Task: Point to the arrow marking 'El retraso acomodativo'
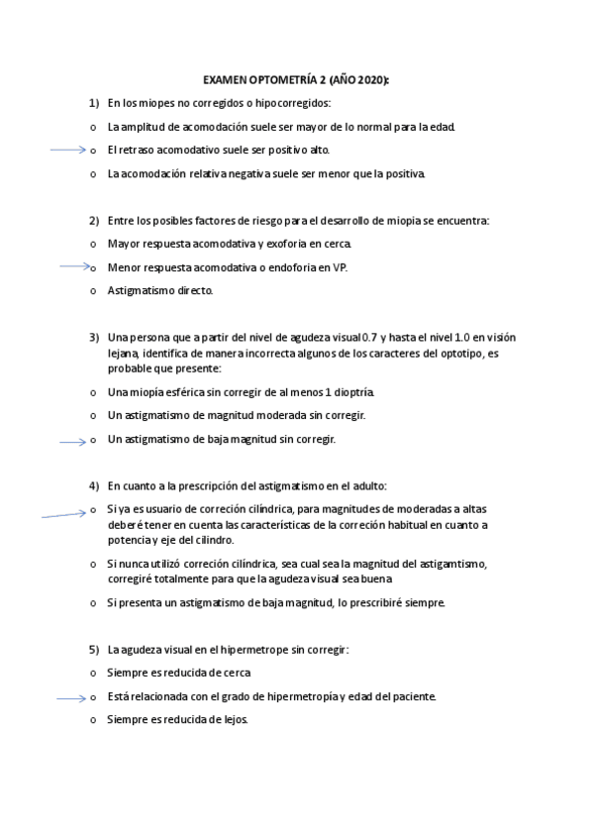pos(67,151)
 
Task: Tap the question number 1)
pos(94,103)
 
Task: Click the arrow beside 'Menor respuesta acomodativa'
pos(73,266)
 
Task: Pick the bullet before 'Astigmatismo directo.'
pos(93,291)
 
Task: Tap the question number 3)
pos(94,337)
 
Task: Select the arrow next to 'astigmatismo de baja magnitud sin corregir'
pos(72,441)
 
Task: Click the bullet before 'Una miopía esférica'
pos(93,392)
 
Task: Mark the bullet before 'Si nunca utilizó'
pos(93,564)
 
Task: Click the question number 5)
pos(94,650)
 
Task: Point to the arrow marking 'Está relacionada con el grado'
pos(72,697)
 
